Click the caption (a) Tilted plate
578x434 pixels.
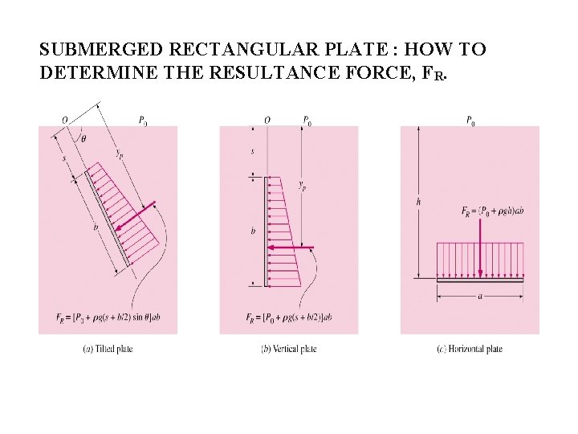click(108, 349)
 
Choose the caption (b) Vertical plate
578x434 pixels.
click(289, 349)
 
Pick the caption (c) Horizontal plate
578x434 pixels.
click(470, 349)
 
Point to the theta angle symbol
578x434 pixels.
click(84, 138)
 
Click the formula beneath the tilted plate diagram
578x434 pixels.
click(108, 318)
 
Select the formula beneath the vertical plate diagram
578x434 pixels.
click(289, 318)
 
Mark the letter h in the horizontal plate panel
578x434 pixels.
click(418, 203)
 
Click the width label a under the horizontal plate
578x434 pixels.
click(480, 297)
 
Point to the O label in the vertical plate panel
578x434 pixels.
click(267, 121)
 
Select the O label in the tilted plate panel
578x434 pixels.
click(65, 121)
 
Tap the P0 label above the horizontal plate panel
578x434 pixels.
click(470, 121)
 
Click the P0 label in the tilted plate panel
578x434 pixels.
click(143, 121)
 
